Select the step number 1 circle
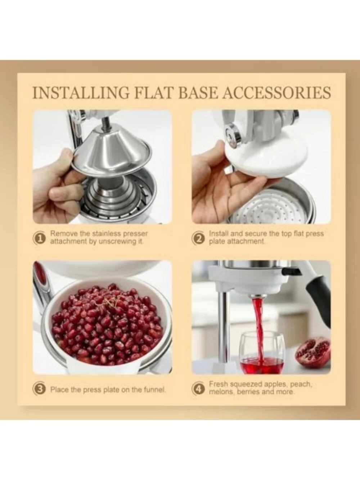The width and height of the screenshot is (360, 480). coord(39,238)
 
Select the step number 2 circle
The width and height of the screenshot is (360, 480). coord(198,238)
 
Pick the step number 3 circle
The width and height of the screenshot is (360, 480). coord(39,389)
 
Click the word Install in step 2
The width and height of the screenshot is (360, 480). coord(219,234)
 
